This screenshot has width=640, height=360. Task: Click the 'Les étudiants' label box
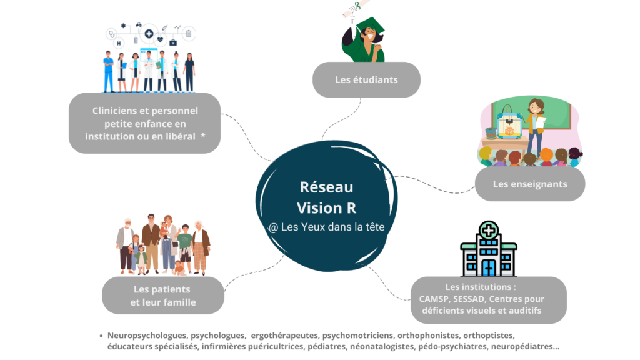pyautogui.click(x=366, y=79)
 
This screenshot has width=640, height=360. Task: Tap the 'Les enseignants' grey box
pyautogui.click(x=530, y=184)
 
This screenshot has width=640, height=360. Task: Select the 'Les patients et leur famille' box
pyautogui.click(x=163, y=296)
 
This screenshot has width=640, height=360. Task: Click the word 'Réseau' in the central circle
pyautogui.click(x=326, y=187)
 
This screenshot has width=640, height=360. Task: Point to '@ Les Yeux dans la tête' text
pyautogui.click(x=326, y=227)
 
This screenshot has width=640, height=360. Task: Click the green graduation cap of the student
pyautogui.click(x=371, y=26)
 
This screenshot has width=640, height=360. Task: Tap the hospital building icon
pyautogui.click(x=489, y=249)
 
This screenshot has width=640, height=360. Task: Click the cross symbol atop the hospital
pyautogui.click(x=489, y=231)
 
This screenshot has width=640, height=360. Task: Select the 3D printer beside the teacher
pyautogui.click(x=509, y=122)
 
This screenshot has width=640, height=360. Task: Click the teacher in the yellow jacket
pyautogui.click(x=535, y=126)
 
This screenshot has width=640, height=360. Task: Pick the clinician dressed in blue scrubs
pyautogui.click(x=108, y=71)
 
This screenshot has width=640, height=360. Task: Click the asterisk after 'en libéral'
pyautogui.click(x=203, y=136)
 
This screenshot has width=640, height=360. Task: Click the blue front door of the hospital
pyautogui.click(x=489, y=268)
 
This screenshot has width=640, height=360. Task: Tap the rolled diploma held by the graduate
pyautogui.click(x=356, y=8)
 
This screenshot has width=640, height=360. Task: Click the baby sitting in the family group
pyautogui.click(x=179, y=268)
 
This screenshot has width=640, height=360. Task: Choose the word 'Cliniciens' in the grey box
pyautogui.click(x=115, y=111)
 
